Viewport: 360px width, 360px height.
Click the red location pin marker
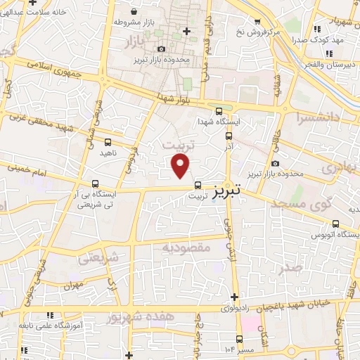click(x=181, y=167)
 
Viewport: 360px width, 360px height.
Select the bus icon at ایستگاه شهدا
click(x=218, y=111)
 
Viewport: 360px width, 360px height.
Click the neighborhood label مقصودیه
click(x=187, y=247)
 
